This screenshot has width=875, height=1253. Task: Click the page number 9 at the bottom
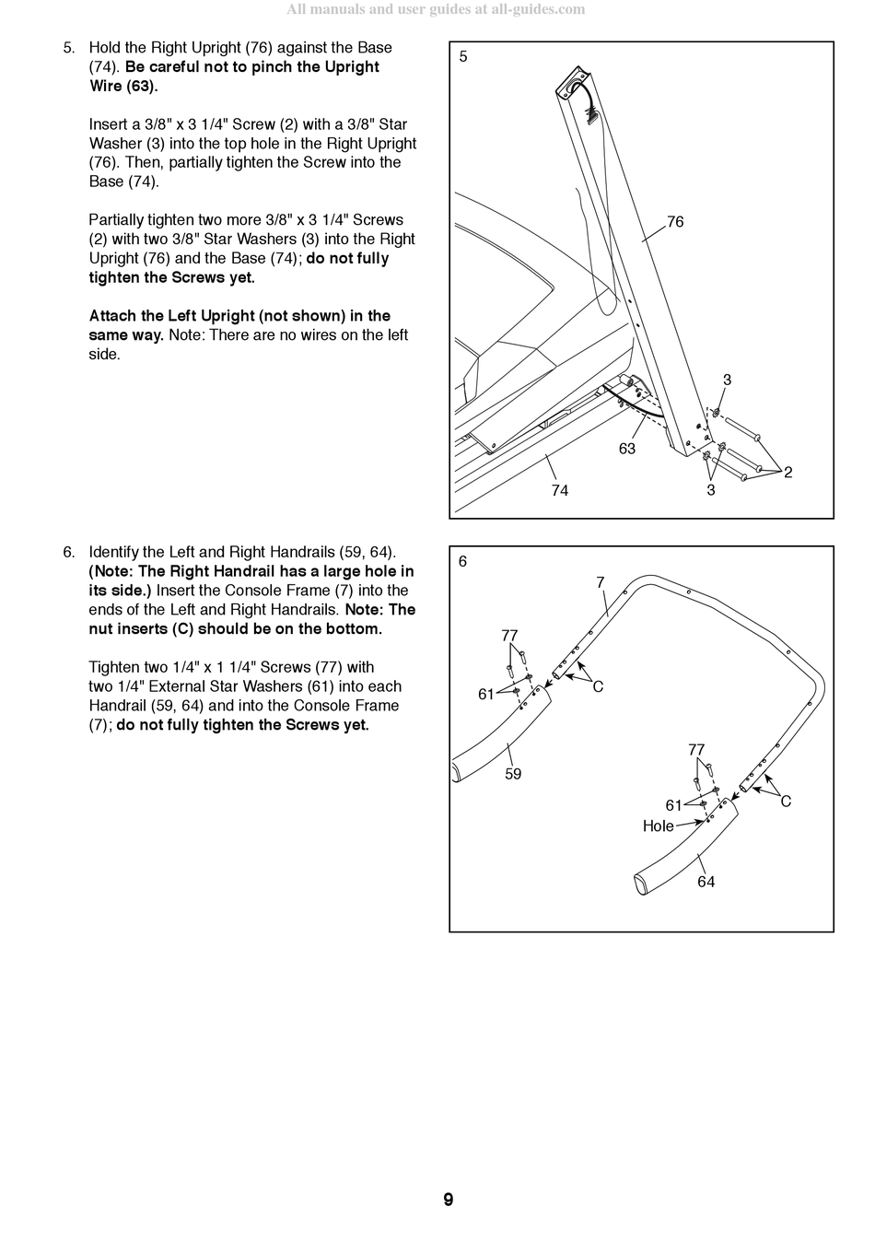(x=448, y=1200)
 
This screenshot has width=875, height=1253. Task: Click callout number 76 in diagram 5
(x=675, y=222)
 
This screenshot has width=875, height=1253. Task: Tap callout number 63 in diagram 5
(x=627, y=449)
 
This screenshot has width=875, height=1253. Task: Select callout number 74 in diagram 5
(x=560, y=490)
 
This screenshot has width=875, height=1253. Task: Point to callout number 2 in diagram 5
(x=787, y=472)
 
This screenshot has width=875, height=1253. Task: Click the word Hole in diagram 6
(x=658, y=826)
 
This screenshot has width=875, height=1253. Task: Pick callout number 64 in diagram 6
(x=706, y=882)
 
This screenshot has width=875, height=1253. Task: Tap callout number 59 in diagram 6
(x=513, y=774)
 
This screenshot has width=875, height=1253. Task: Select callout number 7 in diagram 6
(x=601, y=582)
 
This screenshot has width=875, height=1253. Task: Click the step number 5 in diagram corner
(x=463, y=56)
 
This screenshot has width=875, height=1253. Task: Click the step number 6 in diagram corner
(x=463, y=561)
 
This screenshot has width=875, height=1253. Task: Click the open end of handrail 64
(x=641, y=884)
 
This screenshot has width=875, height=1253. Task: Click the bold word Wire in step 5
(x=105, y=86)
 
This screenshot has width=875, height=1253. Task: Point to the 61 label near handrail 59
(x=486, y=694)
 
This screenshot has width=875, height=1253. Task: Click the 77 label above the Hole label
(x=696, y=750)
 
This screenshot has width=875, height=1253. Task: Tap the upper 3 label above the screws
(x=727, y=380)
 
